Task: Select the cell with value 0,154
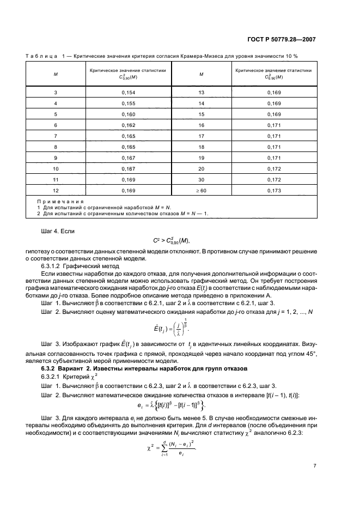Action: pos(128,93)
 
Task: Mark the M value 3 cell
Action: pos(56,93)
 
